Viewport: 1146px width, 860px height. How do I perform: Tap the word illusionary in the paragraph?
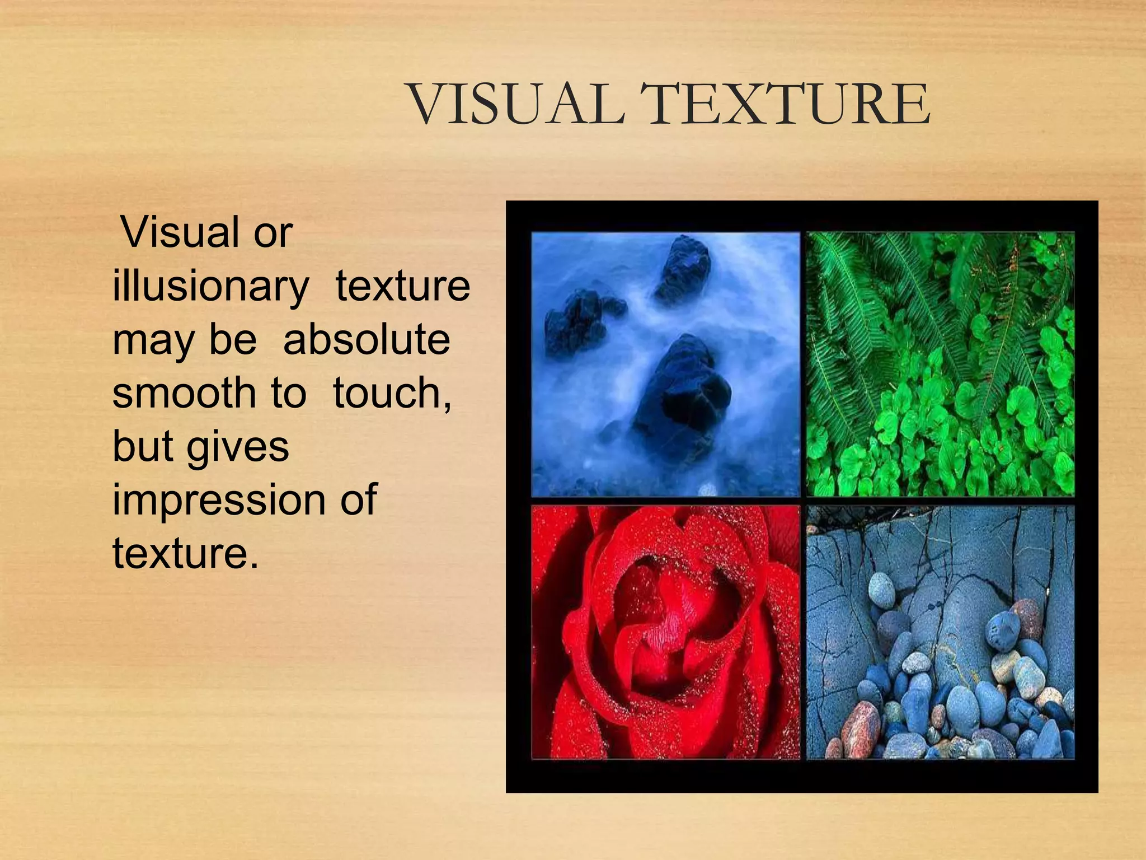pyautogui.click(x=210, y=287)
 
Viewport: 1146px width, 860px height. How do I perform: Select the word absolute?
pyautogui.click(x=367, y=340)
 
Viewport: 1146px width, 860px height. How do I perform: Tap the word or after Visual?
pyautogui.click(x=273, y=232)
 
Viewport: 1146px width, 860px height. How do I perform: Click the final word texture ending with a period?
pyautogui.click(x=186, y=553)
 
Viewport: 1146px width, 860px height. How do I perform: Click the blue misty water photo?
pyautogui.click(x=665, y=364)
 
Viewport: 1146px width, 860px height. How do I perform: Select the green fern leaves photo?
pyautogui.click(x=940, y=364)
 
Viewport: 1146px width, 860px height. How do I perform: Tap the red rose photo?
pyautogui.click(x=665, y=633)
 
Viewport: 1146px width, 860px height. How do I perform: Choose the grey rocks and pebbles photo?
pyautogui.click(x=940, y=633)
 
